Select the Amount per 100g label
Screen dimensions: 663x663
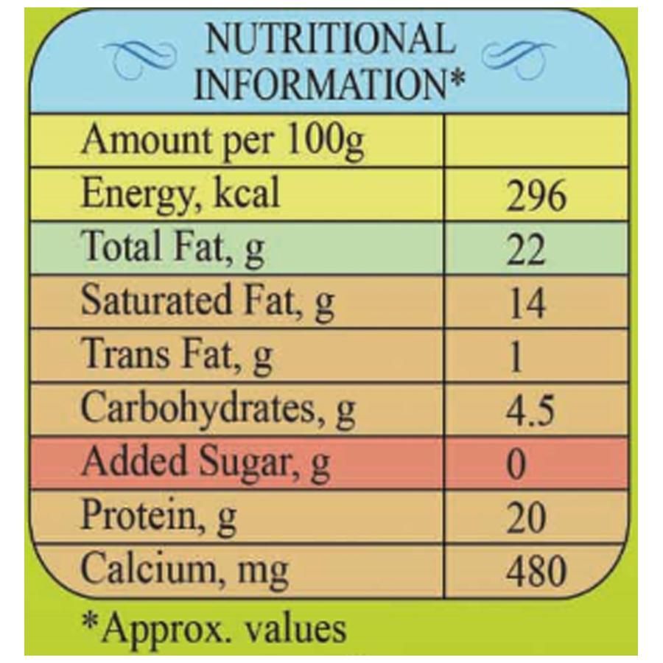pyautogui.click(x=222, y=142)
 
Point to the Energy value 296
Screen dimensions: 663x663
pyautogui.click(x=536, y=198)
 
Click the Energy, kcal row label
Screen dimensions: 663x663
pyautogui.click(x=180, y=195)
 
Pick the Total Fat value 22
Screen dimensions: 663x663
pyautogui.click(x=526, y=251)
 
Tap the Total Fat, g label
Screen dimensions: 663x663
pyautogui.click(x=172, y=248)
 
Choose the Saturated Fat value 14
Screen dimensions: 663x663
pyautogui.click(x=527, y=304)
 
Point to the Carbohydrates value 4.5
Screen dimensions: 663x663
pyautogui.click(x=530, y=411)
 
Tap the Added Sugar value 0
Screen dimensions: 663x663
pyautogui.click(x=518, y=464)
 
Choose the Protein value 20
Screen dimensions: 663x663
pyautogui.click(x=526, y=518)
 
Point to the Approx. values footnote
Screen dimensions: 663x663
pyautogui.click(x=213, y=628)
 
